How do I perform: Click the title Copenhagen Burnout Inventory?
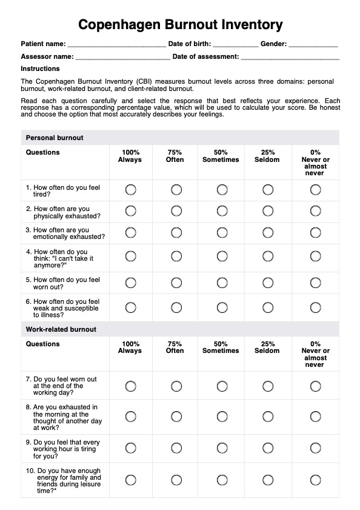pos(180,25)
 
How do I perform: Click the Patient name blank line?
pos(116,44)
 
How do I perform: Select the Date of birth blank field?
pos(235,44)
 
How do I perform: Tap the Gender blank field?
pos(313,44)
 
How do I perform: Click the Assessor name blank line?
pos(123,57)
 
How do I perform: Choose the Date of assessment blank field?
pos(290,57)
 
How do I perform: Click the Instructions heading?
pos(40,69)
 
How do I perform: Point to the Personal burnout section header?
pos(55,138)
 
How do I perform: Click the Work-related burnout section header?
pos(61,329)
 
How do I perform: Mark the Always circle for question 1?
pos(130,190)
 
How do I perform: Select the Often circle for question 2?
pos(176,211)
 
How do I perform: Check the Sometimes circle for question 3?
pos(221,232)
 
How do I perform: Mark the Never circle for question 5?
pos(315,283)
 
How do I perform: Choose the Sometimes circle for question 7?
pos(221,386)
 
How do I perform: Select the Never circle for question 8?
pos(315,416)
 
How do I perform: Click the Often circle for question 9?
pos(176,448)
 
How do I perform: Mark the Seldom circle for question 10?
pos(267,480)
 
